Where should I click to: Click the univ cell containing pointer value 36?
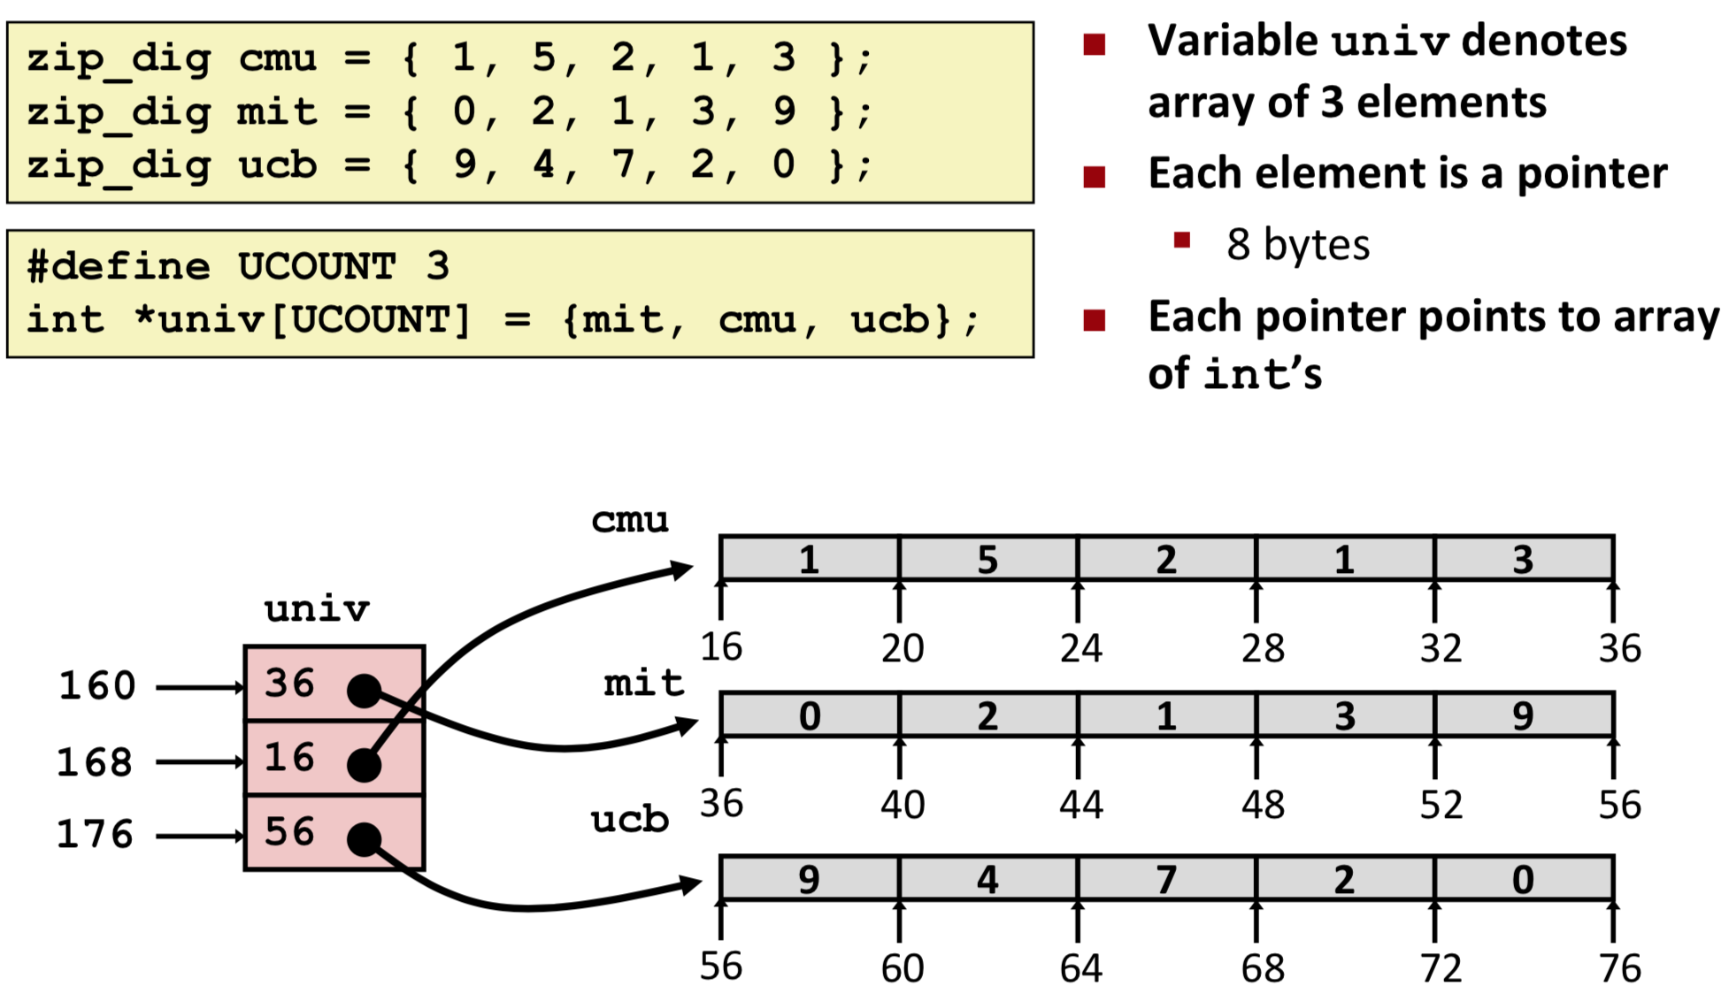click(x=334, y=684)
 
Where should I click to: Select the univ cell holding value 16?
click(x=334, y=758)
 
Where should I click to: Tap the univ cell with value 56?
click(x=334, y=832)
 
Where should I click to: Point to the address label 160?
click(x=97, y=686)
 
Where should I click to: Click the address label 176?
click(x=95, y=835)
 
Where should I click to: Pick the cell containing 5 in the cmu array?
click(x=987, y=559)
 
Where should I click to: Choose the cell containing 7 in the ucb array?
click(x=1166, y=879)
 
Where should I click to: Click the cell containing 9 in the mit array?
click(x=1523, y=715)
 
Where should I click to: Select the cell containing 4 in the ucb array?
click(x=987, y=879)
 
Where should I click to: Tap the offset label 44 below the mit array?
click(x=1081, y=805)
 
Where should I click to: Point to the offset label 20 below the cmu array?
click(x=903, y=649)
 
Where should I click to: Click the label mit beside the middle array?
click(x=643, y=683)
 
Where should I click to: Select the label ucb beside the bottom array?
click(x=629, y=820)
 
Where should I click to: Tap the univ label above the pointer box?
click(x=317, y=609)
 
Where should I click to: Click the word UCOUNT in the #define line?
click(x=316, y=266)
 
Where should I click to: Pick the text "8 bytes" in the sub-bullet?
click(x=1297, y=245)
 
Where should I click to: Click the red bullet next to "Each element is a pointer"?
click(x=1095, y=177)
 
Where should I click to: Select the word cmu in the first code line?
click(x=277, y=58)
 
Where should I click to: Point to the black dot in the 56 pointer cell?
click(x=365, y=839)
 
